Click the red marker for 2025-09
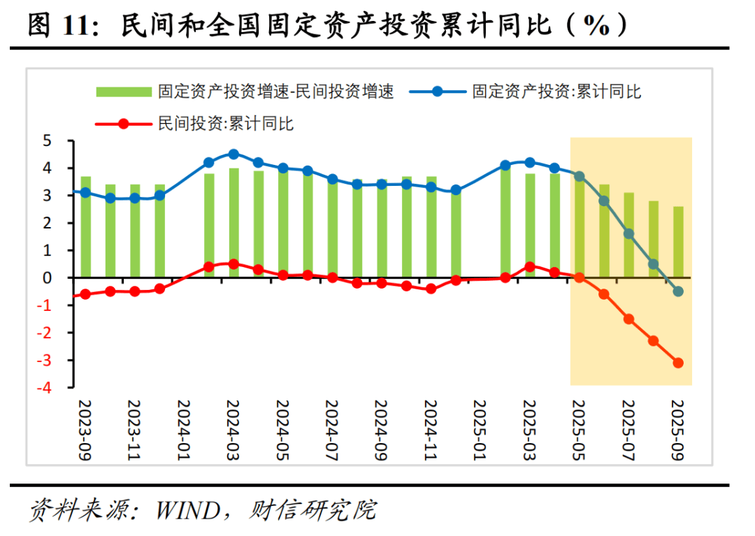point(678,363)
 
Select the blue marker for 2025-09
point(678,291)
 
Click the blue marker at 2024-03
point(233,154)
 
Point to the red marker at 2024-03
point(233,264)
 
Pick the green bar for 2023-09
point(85,226)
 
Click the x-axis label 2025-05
point(578,428)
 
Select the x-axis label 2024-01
point(184,428)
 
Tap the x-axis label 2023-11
point(134,428)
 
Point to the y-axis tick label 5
point(48,141)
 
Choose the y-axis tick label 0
point(48,278)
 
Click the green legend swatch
point(123,92)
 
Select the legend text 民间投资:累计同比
point(226,124)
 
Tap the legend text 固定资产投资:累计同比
point(557,92)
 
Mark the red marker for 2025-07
point(628,319)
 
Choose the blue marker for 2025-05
point(579,177)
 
